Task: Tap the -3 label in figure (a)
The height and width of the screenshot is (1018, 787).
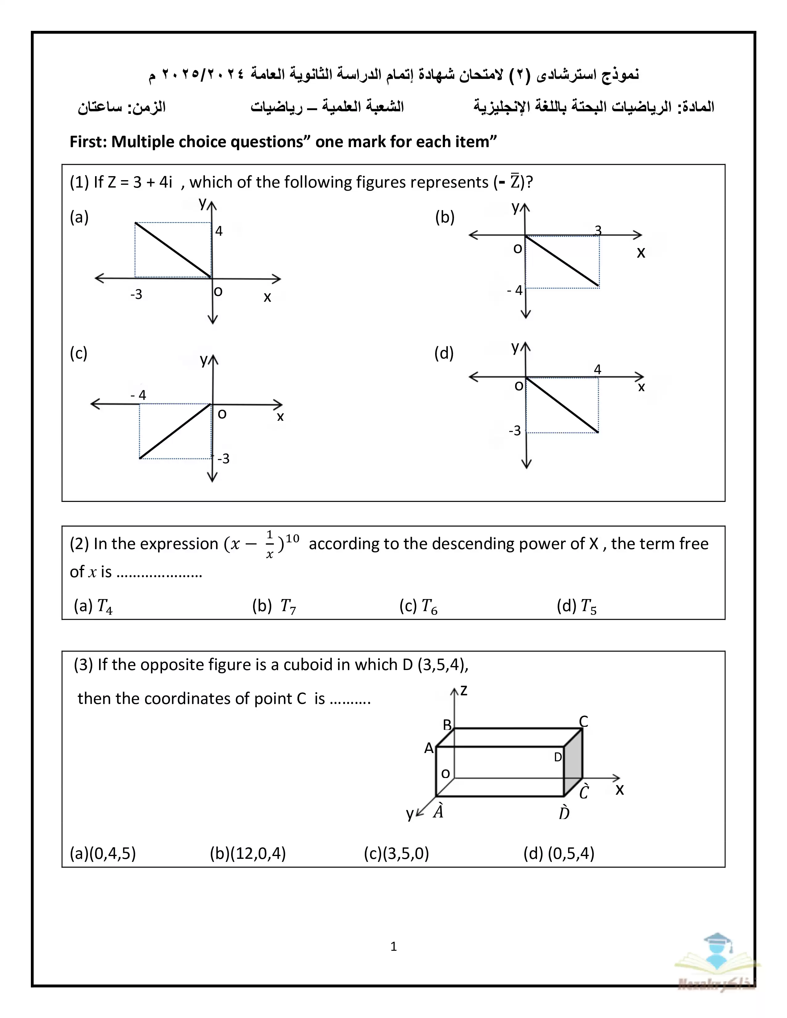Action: point(136,295)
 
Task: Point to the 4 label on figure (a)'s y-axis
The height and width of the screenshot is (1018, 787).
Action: point(219,231)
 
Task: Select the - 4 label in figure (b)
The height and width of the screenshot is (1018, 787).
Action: point(515,290)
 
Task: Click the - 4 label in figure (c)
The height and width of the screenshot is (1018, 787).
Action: point(139,395)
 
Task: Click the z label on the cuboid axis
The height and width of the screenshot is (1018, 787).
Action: point(464,691)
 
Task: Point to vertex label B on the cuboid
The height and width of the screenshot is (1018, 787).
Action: point(447,725)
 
